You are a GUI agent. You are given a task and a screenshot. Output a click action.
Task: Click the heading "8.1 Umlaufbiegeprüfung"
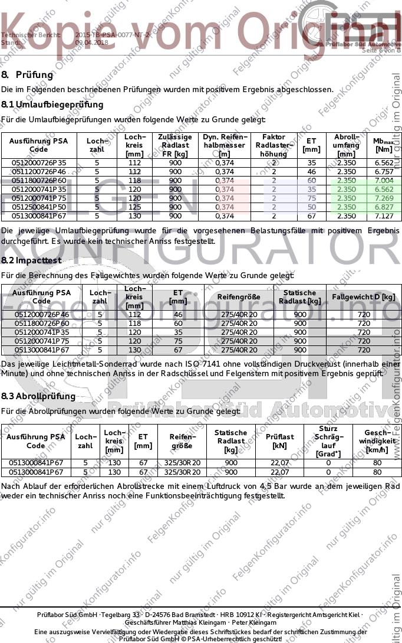pyautogui.click(x=52, y=105)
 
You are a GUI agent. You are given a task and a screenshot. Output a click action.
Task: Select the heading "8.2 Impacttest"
pyautogui.click(x=31, y=260)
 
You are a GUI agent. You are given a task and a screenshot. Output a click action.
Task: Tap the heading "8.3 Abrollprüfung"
pyautogui.click(x=38, y=396)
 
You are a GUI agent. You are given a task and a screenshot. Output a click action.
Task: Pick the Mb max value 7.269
pyautogui.click(x=384, y=198)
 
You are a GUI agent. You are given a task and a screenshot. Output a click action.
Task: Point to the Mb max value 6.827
pyautogui.click(x=384, y=207)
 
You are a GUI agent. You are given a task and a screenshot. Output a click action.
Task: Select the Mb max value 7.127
pyautogui.click(x=384, y=216)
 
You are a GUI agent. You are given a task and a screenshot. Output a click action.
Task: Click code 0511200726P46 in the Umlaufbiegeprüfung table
pyautogui.click(x=39, y=172)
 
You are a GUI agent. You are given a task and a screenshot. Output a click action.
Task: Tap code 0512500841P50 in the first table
pyautogui.click(x=39, y=207)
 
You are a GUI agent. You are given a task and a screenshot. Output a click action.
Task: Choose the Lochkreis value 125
pyautogui.click(x=135, y=207)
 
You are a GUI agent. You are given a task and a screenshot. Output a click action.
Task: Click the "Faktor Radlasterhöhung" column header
pyautogui.click(x=274, y=145)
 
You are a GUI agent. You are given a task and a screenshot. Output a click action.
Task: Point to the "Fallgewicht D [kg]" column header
pyautogui.click(x=364, y=296)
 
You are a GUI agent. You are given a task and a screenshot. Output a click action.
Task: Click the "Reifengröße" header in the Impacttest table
pyautogui.click(x=239, y=296)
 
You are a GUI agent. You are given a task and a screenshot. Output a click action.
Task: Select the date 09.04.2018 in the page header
pyautogui.click(x=92, y=43)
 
